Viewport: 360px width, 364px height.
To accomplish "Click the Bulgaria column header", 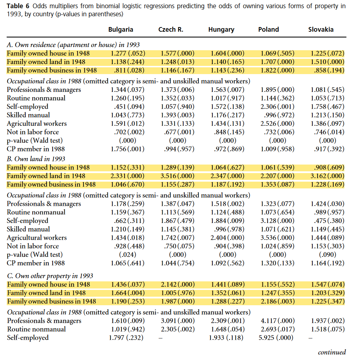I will coord(121,30).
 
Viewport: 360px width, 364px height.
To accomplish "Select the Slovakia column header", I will coord(321,30).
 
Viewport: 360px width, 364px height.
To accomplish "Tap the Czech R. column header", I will coord(171,30).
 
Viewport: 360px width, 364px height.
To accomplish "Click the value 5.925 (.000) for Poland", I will coord(276,337).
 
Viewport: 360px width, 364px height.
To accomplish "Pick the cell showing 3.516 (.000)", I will coord(178,176).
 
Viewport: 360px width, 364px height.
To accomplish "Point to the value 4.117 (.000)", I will coord(277,321).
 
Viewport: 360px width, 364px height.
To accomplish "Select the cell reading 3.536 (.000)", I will coord(277,238).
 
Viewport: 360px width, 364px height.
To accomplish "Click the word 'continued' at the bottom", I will coord(332,352).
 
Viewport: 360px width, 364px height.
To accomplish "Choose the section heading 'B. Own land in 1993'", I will coord(36,159).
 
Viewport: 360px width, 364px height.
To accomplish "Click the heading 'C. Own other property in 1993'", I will coord(50,276).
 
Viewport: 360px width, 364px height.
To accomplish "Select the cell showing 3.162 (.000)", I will coord(327,176).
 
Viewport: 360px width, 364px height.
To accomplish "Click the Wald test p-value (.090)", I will coord(327,254).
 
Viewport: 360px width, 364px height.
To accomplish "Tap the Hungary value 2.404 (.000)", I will coord(227,238).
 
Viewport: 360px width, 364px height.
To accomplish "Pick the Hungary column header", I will coord(221,30).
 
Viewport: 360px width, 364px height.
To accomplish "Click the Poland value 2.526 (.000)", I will coord(277,124).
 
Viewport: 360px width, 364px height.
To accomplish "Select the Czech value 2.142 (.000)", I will coord(178,284).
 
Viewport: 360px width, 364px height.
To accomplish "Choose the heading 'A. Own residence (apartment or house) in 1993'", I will coord(73,45).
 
